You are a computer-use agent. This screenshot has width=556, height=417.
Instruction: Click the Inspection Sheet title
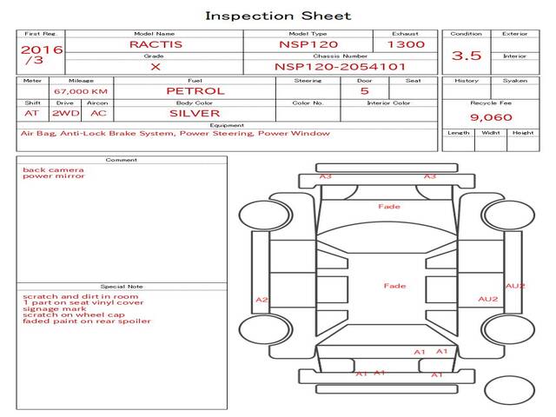[x=278, y=16]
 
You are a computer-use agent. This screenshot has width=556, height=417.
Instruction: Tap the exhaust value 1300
[x=407, y=43]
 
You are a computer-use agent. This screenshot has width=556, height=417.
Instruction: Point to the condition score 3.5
[x=467, y=56]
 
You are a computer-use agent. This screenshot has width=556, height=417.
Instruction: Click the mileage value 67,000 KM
[x=81, y=91]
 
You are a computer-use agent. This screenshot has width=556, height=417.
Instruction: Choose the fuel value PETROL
[x=195, y=90]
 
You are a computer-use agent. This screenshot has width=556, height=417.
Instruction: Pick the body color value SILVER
[x=195, y=113]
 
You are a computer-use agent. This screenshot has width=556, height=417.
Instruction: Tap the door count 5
[x=364, y=90]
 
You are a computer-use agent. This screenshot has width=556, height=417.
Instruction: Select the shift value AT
[x=31, y=113]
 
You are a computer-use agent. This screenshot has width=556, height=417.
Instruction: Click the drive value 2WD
[x=63, y=113]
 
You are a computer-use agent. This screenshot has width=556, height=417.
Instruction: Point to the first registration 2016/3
[x=41, y=56]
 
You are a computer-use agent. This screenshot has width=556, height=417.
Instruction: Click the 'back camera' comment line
[x=49, y=169]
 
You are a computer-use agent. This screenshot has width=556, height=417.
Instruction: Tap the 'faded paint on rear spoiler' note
[x=87, y=321]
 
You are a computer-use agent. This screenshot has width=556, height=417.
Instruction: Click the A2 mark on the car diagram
[x=261, y=300]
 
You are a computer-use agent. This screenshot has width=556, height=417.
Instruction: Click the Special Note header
[x=122, y=287]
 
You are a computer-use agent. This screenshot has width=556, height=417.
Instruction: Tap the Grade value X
[x=155, y=66]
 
